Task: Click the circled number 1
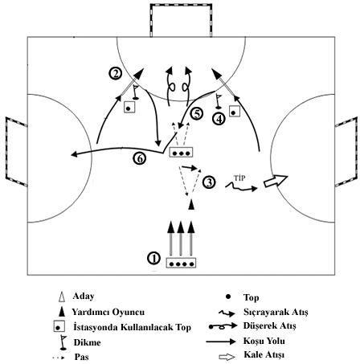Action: pos(153,259)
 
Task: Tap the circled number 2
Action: pos(116,73)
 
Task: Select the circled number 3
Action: pos(209,182)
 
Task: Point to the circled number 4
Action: pos(219,119)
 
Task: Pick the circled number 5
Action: pos(197,114)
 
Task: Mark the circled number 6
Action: pos(140,159)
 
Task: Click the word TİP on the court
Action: pos(239,178)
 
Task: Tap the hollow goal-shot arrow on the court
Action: pos(276,182)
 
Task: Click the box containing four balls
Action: pos(181,263)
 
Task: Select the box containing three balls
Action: pos(181,152)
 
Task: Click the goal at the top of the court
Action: pos(181,20)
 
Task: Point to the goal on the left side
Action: pos(16,152)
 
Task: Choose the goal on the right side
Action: pos(346,152)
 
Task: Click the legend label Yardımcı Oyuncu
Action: pos(108,312)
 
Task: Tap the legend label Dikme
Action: pos(87,342)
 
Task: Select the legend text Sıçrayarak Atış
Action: pos(276,312)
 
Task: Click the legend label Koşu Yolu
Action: pos(264,341)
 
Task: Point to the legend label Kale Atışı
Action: pos(264,355)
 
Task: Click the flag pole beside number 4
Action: pos(219,101)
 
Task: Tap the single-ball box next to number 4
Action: pos(235,111)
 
